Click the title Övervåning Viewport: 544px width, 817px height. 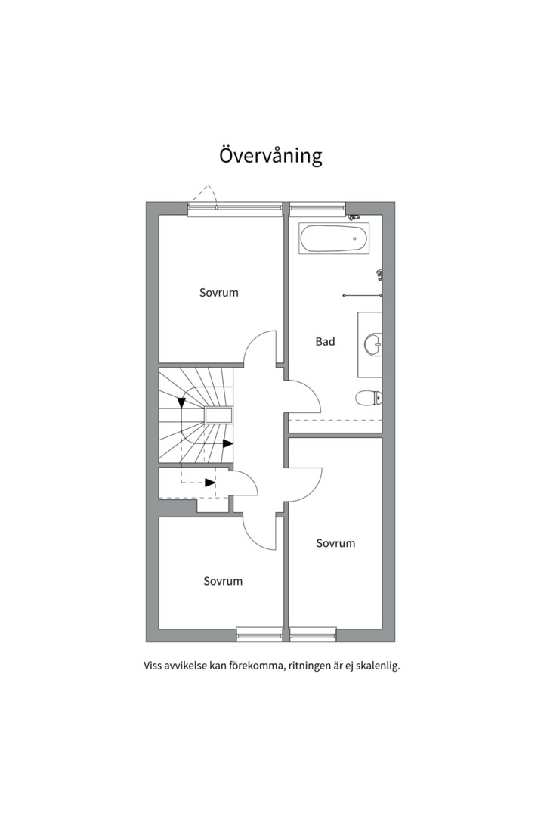(270, 155)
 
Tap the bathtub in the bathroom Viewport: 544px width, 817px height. (334, 238)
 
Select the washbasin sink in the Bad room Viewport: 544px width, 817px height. (373, 344)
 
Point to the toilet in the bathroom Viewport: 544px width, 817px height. (369, 399)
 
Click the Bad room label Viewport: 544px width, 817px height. (325, 342)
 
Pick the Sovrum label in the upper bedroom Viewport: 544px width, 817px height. (218, 292)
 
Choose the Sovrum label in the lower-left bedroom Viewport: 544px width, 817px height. (223, 581)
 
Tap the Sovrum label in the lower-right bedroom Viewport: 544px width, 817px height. (335, 543)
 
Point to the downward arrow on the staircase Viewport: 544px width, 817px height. (181, 402)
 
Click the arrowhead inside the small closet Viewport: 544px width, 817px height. (210, 483)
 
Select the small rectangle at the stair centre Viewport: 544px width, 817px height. (218, 415)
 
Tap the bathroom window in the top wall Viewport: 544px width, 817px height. (317, 208)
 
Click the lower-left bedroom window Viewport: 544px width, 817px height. (259, 635)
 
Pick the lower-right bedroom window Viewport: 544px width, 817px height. (314, 635)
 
